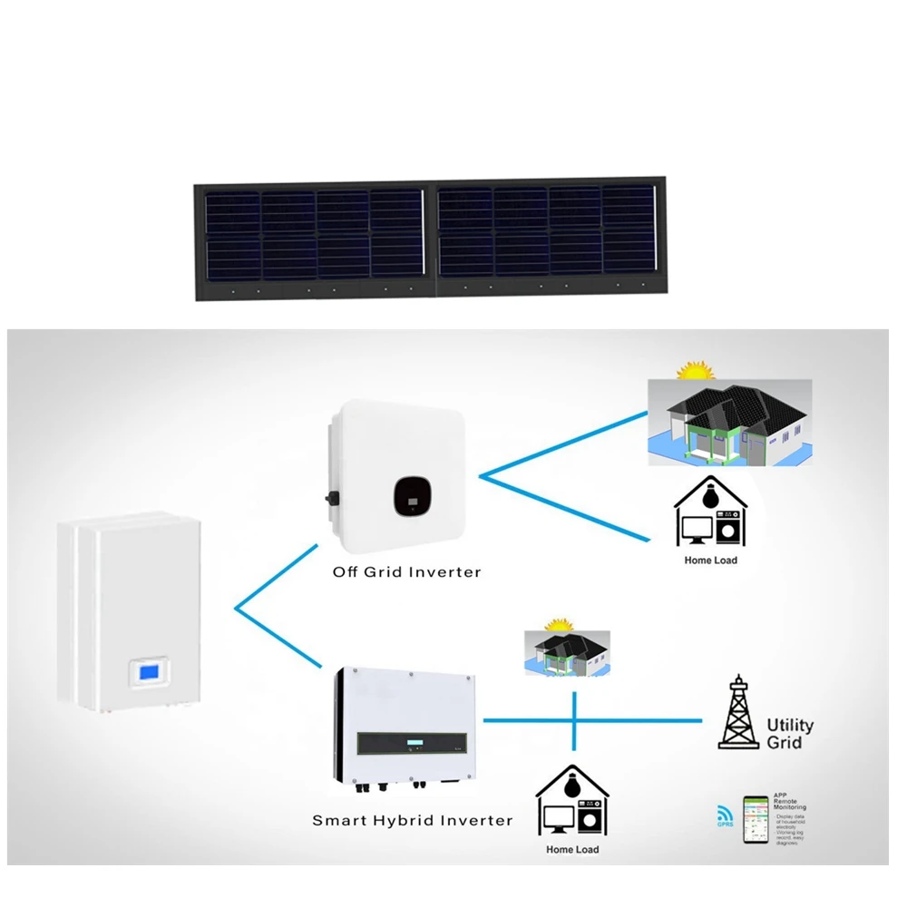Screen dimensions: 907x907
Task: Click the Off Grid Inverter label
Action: (x=406, y=572)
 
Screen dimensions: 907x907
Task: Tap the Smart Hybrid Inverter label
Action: (x=412, y=821)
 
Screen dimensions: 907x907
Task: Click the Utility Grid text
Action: (x=790, y=734)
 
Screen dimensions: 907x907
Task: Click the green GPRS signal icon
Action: (x=724, y=815)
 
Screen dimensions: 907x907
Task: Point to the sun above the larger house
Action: (x=697, y=372)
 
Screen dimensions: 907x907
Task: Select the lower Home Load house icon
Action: (x=572, y=803)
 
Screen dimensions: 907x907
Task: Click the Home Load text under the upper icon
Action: (x=710, y=561)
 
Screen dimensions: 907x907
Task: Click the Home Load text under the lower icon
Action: (x=572, y=850)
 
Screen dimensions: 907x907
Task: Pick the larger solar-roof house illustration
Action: (x=730, y=423)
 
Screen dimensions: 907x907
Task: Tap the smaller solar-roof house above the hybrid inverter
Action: (x=568, y=653)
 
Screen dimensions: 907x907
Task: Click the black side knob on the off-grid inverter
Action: (x=331, y=498)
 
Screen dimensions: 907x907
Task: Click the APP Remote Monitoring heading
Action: (x=789, y=802)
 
